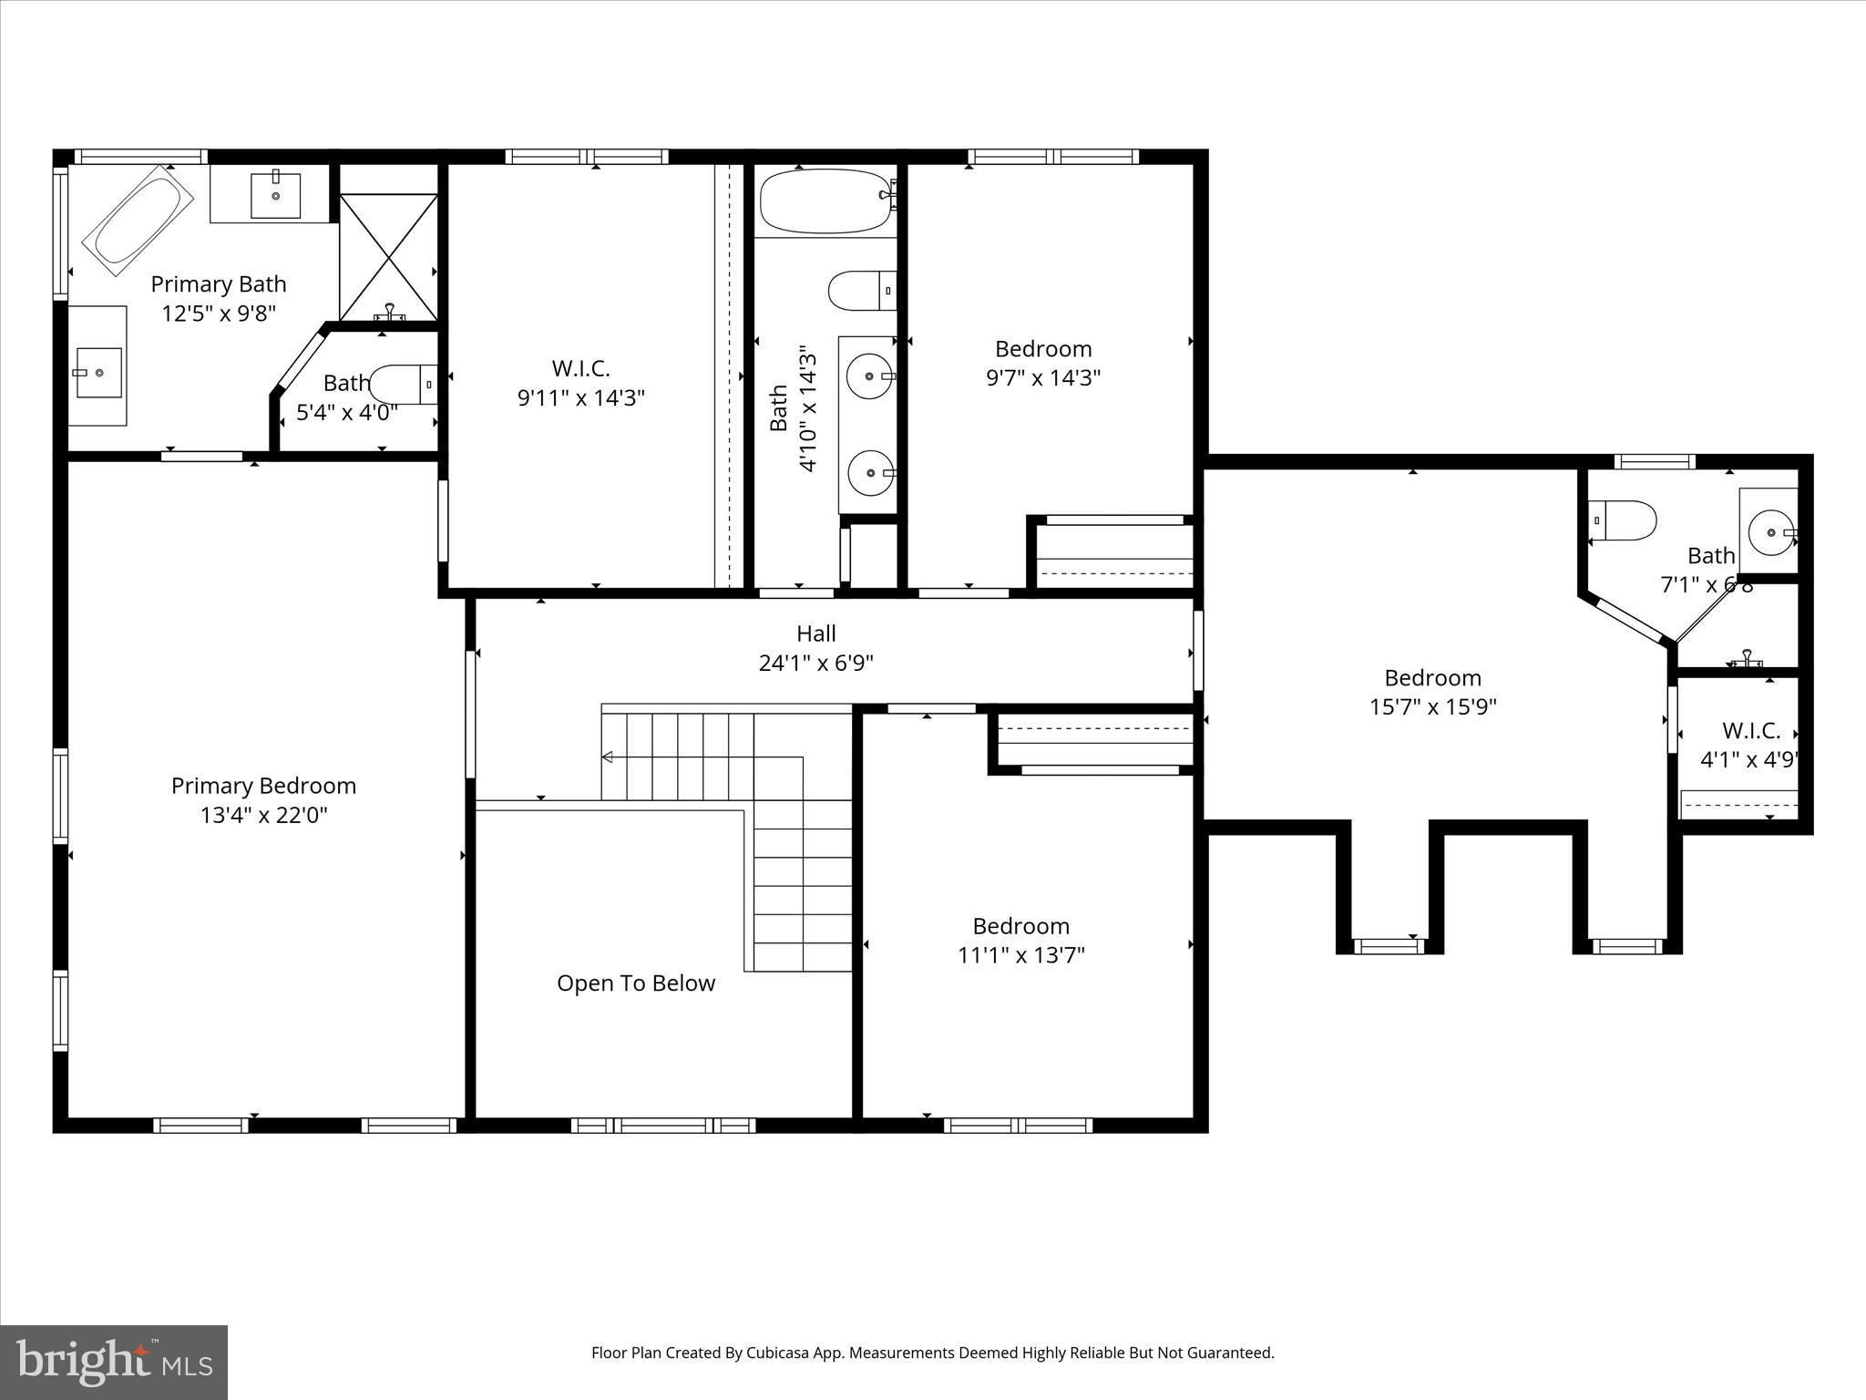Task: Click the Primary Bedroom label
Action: pyautogui.click(x=263, y=786)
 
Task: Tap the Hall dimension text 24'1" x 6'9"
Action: pyautogui.click(x=815, y=663)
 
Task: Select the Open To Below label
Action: pyautogui.click(x=636, y=983)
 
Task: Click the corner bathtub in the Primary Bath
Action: pyautogui.click(x=138, y=220)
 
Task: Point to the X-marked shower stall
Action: pyautogui.click(x=389, y=257)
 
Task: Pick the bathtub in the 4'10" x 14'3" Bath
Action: pyautogui.click(x=825, y=201)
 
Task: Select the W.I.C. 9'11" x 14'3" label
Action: pyautogui.click(x=581, y=383)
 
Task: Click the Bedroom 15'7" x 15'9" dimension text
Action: pyautogui.click(x=1433, y=706)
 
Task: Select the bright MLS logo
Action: pyautogui.click(x=114, y=1362)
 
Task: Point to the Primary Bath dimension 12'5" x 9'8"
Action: pyautogui.click(x=219, y=314)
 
